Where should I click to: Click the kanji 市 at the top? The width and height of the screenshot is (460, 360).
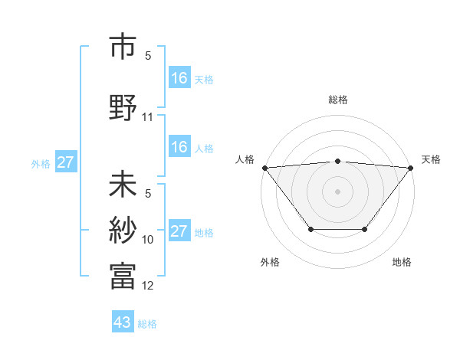pyautogui.click(x=123, y=47)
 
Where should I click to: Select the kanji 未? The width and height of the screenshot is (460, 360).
pyautogui.click(x=123, y=185)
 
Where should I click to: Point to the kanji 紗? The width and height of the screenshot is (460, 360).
pyautogui.click(x=123, y=231)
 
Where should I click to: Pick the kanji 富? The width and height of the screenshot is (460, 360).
pyautogui.click(x=123, y=276)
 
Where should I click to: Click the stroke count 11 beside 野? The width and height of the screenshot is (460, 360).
pyautogui.click(x=148, y=117)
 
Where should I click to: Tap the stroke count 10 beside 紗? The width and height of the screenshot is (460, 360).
pyautogui.click(x=148, y=240)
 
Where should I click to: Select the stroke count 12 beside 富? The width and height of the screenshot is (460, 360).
pyautogui.click(x=148, y=286)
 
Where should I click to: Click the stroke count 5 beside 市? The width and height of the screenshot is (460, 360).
pyautogui.click(x=148, y=56)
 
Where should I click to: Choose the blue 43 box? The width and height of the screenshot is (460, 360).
pyautogui.click(x=123, y=322)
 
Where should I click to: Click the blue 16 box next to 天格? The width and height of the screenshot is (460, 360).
pyautogui.click(x=179, y=77)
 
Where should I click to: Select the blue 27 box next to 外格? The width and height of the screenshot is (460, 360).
pyautogui.click(x=65, y=162)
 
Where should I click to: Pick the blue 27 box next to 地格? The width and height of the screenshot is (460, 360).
pyautogui.click(x=179, y=231)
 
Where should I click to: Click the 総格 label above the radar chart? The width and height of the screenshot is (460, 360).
pyautogui.click(x=338, y=100)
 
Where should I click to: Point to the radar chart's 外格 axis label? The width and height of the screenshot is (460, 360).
pyautogui.click(x=270, y=262)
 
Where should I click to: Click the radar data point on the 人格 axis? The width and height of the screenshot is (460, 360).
pyautogui.click(x=264, y=168)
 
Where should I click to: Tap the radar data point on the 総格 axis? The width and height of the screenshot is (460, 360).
pyautogui.click(x=338, y=161)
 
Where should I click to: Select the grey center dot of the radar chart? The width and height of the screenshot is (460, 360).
pyautogui.click(x=338, y=191)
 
